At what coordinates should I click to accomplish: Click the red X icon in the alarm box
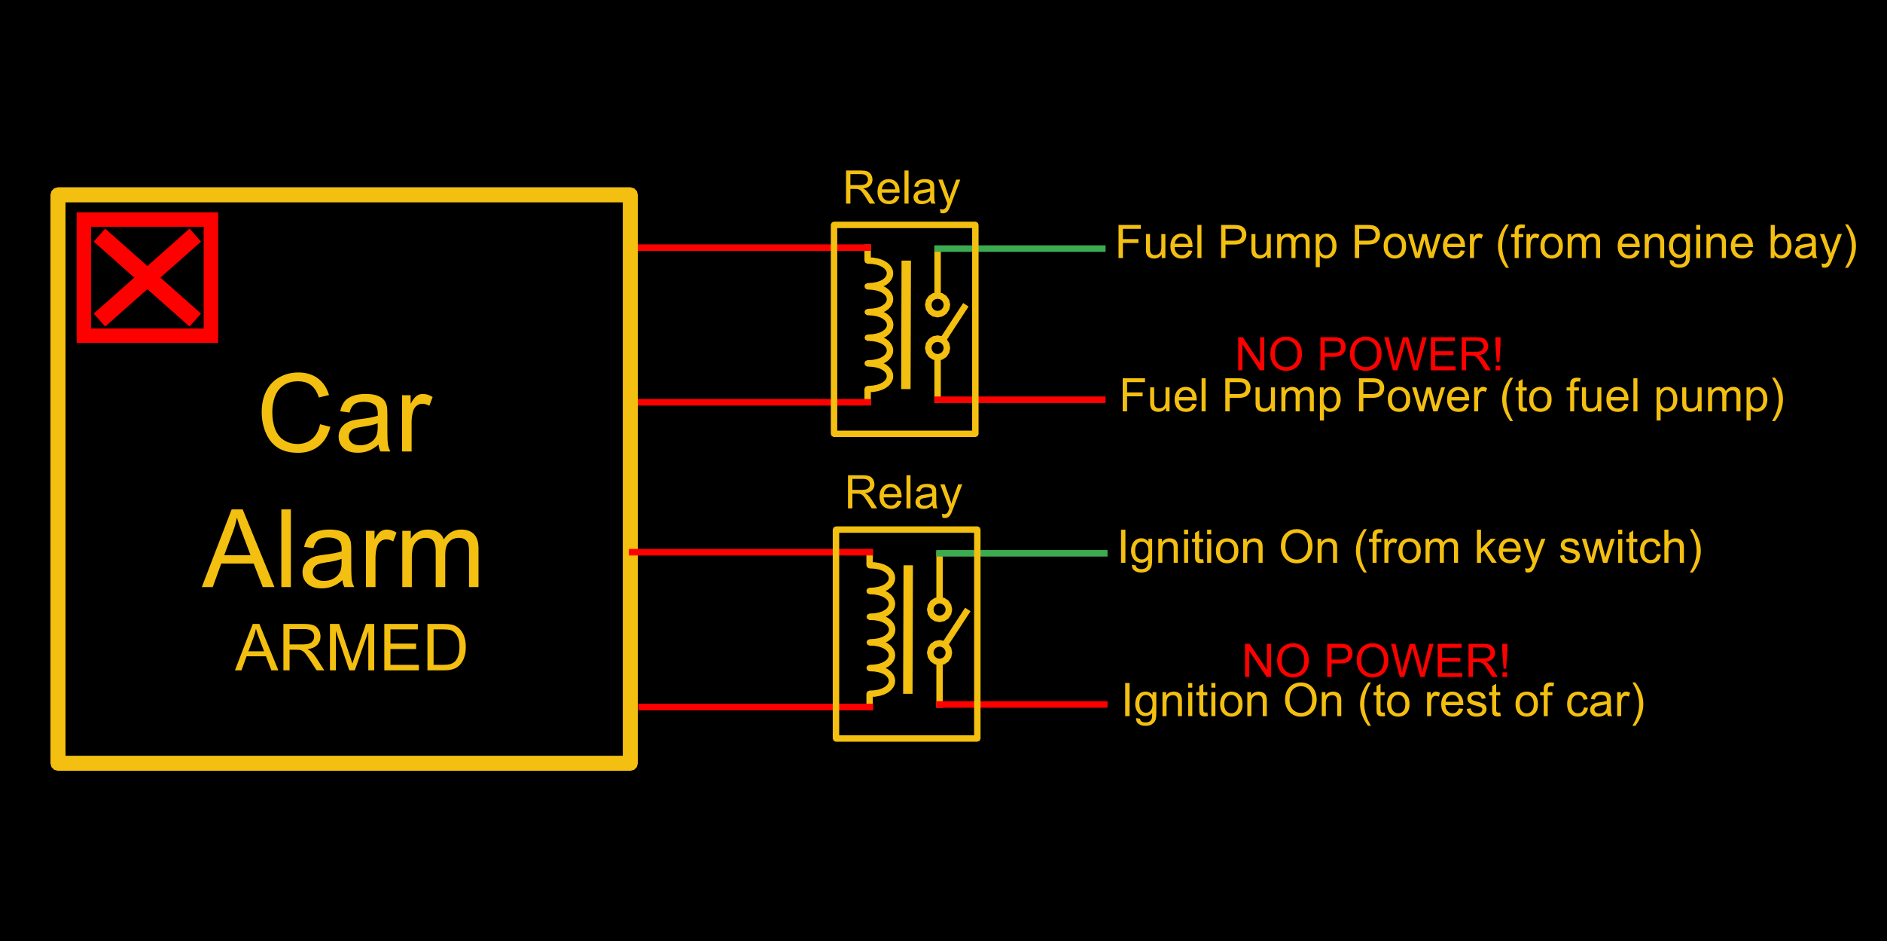[x=147, y=277]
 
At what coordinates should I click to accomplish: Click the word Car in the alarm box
[x=345, y=415]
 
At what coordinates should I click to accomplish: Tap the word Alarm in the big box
[x=343, y=550]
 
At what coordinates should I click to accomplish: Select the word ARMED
[x=351, y=649]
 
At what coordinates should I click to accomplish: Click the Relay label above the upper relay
[x=901, y=188]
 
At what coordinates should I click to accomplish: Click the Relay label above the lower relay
[x=903, y=493]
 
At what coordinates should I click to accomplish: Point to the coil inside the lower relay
[x=881, y=630]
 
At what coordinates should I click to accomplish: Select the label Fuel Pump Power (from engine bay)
[x=1486, y=243]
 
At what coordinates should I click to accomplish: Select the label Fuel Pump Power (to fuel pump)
[x=1451, y=396]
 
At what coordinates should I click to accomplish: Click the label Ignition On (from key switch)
[x=1410, y=548]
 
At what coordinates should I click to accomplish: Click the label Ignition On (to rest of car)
[x=1383, y=701]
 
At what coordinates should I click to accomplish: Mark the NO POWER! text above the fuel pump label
[x=1369, y=354]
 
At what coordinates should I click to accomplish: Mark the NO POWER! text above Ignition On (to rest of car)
[x=1375, y=661]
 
